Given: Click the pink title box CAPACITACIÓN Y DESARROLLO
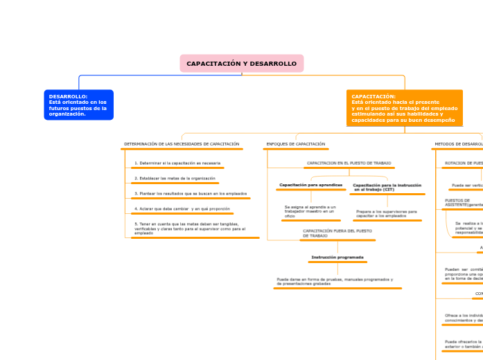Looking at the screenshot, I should tap(241, 64).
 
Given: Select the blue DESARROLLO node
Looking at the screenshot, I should tap(78, 105).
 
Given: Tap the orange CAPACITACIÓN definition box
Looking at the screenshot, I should tap(404, 108).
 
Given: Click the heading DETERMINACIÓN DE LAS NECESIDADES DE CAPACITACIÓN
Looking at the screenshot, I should tap(182, 144).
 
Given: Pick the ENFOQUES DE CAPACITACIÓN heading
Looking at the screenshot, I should tap(295, 144).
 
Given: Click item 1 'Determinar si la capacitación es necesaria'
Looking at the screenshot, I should tap(177, 163).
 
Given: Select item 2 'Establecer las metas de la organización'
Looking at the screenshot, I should tap(175, 178).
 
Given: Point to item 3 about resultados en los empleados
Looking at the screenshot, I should tap(191, 193).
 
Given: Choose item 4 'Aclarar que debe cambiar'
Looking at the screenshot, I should tap(182, 208).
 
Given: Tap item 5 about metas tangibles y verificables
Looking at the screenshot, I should tap(190, 228).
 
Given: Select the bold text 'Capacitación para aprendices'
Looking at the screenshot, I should tap(310, 186).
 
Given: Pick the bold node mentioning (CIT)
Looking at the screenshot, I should tap(387, 187).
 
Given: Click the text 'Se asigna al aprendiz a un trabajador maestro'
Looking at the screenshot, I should tap(310, 211).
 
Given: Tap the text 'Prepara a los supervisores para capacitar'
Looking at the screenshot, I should tap(386, 213).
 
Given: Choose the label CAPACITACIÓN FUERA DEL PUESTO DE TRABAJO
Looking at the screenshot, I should tap(337, 233).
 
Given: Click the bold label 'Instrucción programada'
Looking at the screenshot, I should tap(337, 258).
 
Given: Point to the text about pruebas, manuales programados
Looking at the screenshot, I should tap(334, 281).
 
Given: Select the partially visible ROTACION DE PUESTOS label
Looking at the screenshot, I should tap(463, 163).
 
